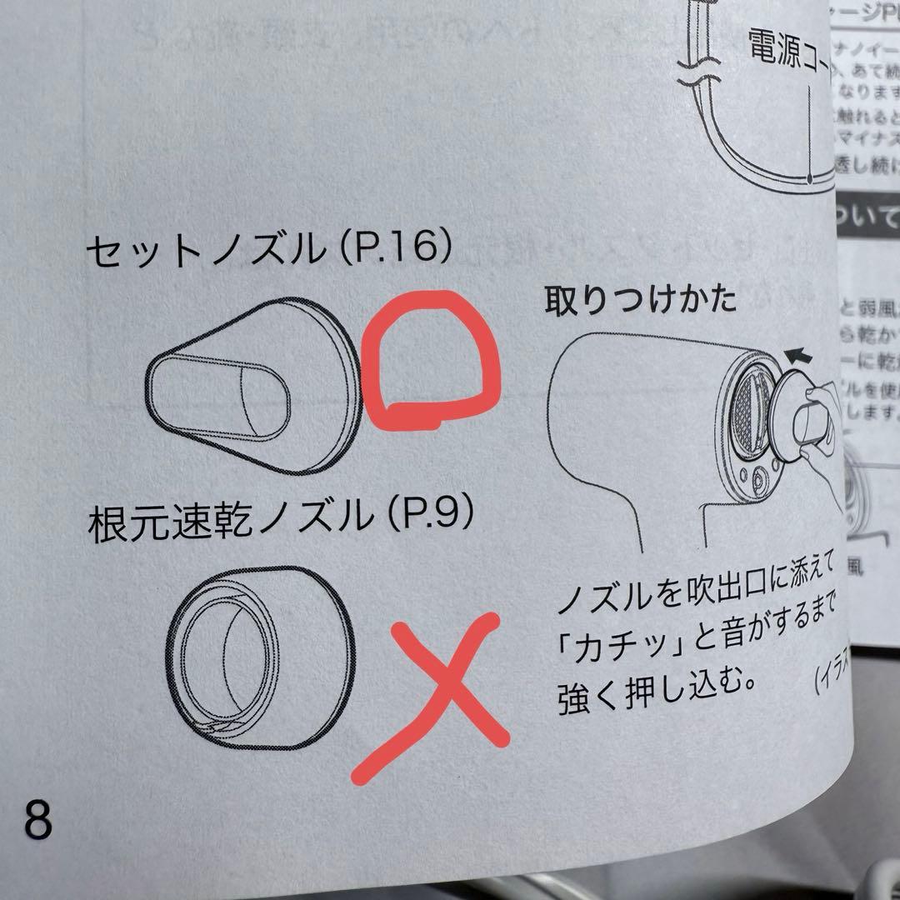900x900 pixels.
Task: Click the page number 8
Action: pos(38,819)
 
